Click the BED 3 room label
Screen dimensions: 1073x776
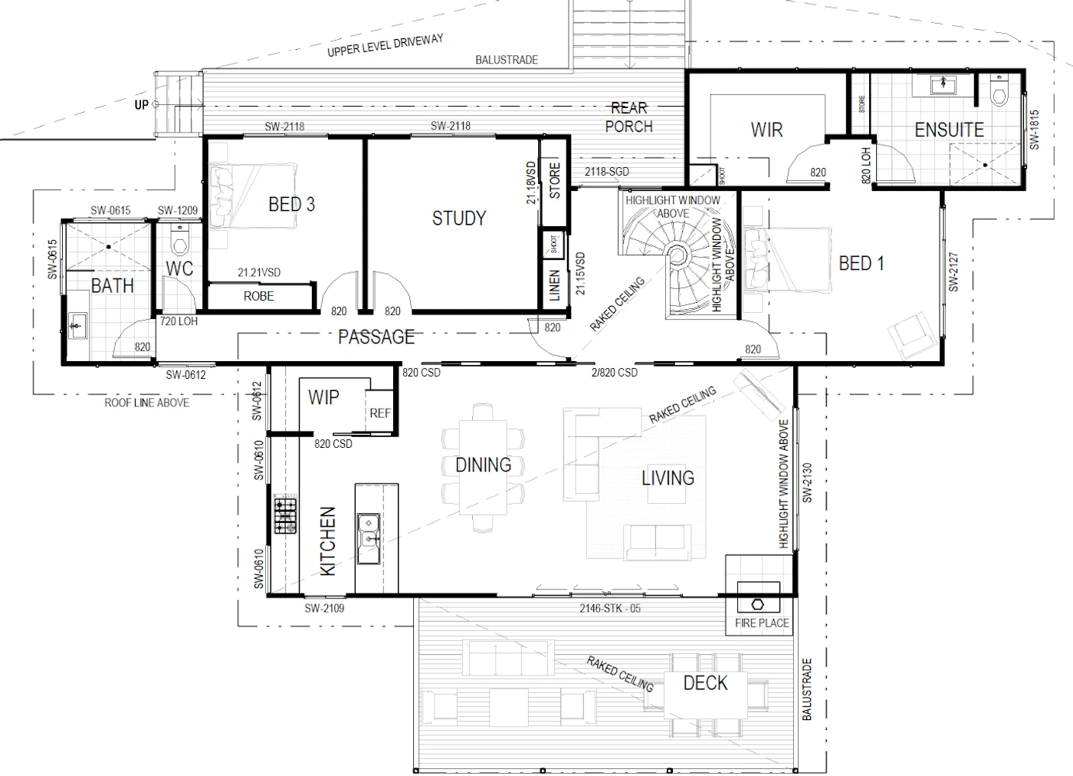tap(292, 205)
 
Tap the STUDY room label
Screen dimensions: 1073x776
tap(459, 219)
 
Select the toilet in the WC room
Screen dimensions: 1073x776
tap(180, 241)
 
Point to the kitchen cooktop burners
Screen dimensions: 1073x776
tap(285, 516)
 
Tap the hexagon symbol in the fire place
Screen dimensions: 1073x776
tap(758, 604)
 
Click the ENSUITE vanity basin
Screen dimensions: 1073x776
tap(943, 85)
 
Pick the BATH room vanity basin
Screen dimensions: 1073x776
tap(77, 326)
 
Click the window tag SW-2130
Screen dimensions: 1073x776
tap(808, 482)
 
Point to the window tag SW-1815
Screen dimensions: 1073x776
tap(1035, 130)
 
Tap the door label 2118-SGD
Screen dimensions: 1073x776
tap(607, 172)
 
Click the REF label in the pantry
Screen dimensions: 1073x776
tap(380, 413)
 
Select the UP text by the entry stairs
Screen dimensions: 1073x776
tap(141, 104)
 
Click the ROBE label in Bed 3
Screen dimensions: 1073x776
tap(259, 296)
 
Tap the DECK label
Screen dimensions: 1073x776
tap(706, 683)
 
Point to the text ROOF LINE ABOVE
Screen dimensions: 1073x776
tap(147, 403)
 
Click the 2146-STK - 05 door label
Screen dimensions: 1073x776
tap(610, 608)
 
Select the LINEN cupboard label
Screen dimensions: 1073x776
tap(554, 286)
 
